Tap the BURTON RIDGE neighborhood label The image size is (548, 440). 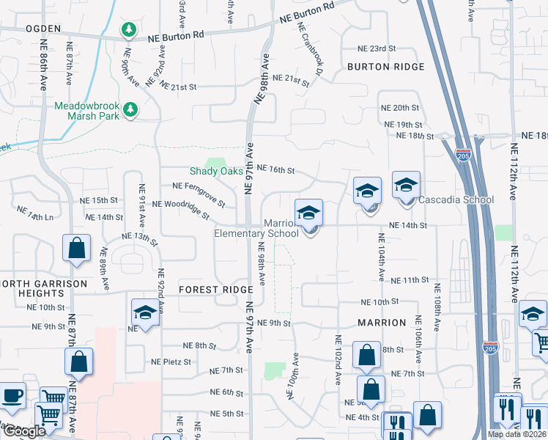[385, 67]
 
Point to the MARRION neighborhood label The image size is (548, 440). [381, 323]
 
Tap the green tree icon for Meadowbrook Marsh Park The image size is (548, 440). [130, 110]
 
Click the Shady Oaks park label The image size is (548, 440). [216, 171]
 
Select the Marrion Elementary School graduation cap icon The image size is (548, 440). [309, 213]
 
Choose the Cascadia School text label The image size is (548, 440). [456, 199]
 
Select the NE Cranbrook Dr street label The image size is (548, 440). [310, 49]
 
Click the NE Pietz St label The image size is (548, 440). [171, 362]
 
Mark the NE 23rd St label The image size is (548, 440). [377, 48]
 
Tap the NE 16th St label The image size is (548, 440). [275, 171]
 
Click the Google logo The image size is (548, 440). [24, 431]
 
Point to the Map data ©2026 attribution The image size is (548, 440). [516, 434]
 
